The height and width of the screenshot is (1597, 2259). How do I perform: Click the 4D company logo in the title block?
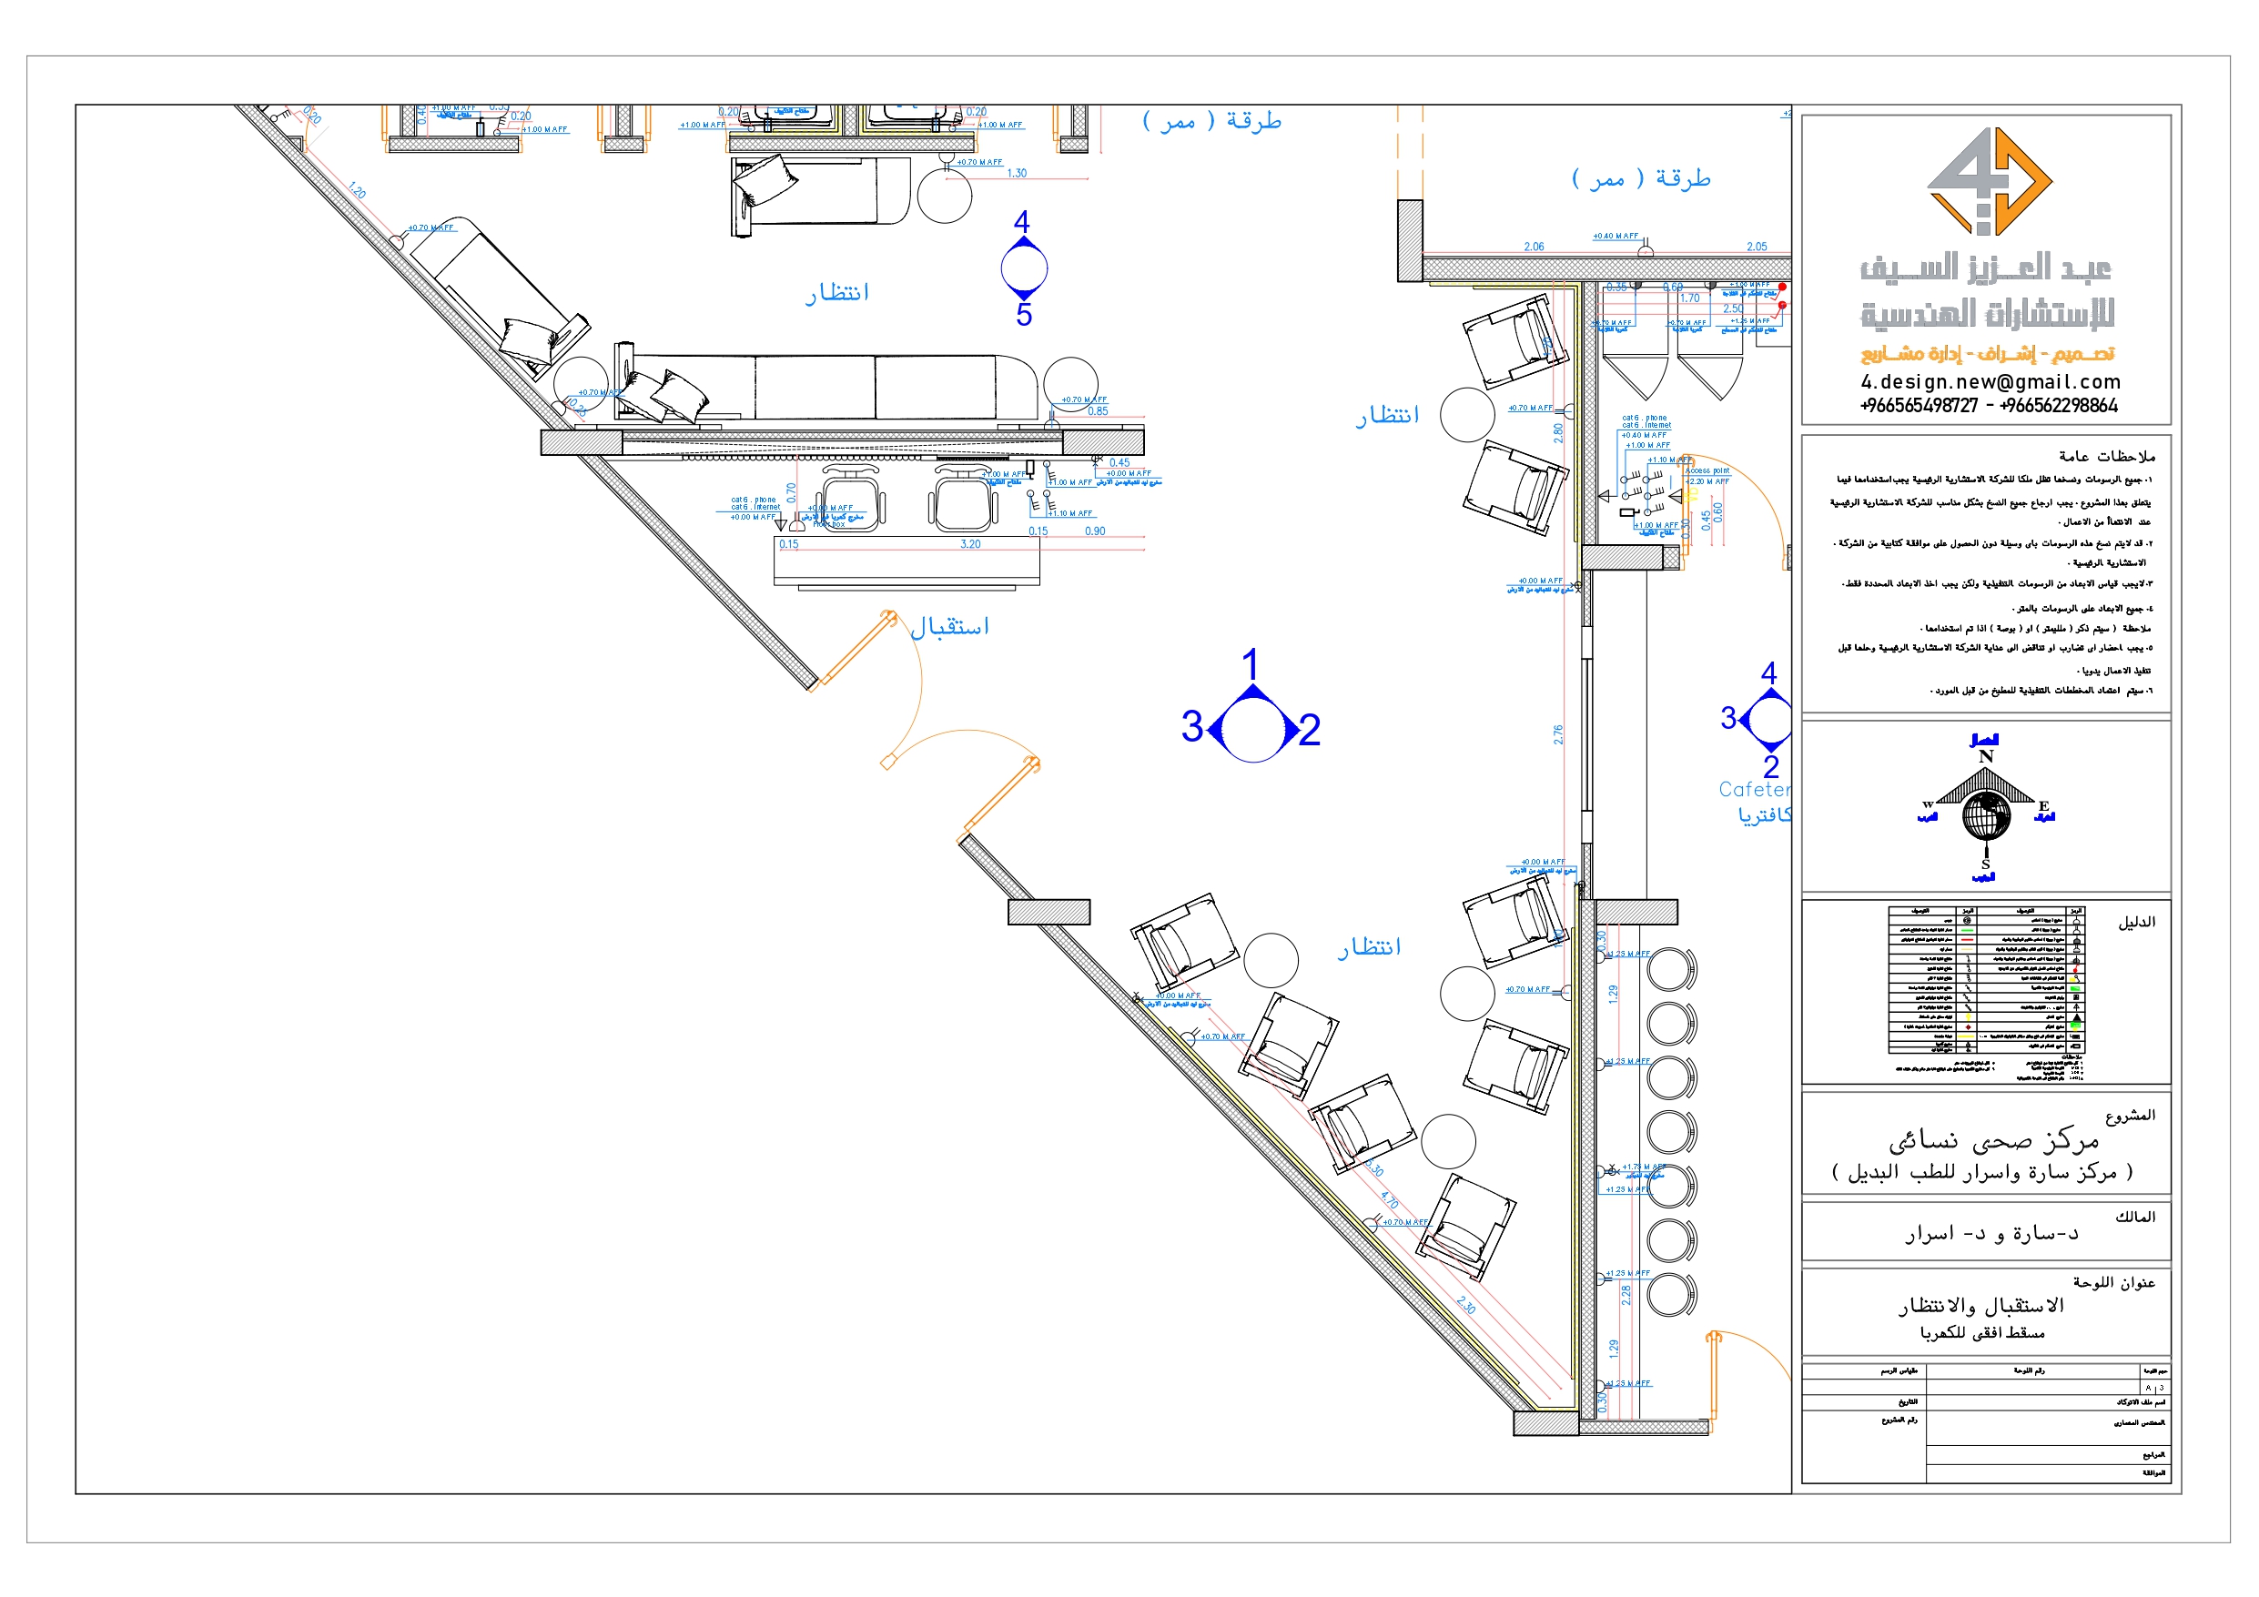1989,182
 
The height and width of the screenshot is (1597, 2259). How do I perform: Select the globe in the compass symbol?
1985,814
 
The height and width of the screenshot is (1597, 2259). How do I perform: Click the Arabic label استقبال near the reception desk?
949,627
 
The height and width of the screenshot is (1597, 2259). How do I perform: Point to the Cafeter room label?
1753,789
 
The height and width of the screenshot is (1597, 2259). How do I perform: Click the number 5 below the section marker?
1024,315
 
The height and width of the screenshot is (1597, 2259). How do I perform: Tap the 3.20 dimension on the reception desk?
970,544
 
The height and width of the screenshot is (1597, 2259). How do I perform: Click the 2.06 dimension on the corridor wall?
1534,247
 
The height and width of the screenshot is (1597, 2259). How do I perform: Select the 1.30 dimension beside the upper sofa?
1017,173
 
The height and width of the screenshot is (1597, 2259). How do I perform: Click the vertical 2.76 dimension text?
1558,734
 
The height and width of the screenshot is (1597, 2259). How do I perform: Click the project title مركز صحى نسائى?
1993,1141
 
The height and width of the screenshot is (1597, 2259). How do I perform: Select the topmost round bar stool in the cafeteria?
1669,969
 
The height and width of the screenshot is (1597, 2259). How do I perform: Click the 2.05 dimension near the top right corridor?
1757,247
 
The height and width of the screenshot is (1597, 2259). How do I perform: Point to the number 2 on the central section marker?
1309,730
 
